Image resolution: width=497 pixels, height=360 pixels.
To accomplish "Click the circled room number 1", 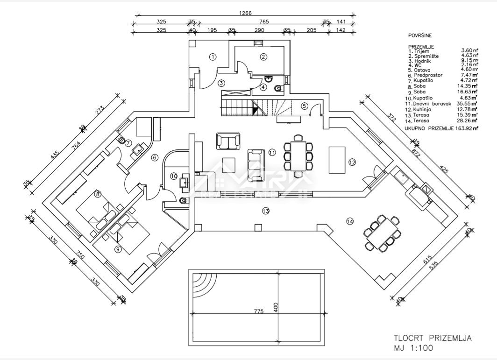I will tap(213, 57).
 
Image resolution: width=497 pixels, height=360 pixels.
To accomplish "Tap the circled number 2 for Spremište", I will tap(263, 57).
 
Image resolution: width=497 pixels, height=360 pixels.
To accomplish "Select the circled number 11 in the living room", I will tap(272, 152).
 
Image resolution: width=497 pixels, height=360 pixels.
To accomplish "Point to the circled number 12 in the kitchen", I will tap(352, 162).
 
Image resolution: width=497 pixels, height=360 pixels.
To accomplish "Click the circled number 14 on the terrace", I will tap(349, 221).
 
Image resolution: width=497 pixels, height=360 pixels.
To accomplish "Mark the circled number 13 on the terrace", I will tap(265, 211).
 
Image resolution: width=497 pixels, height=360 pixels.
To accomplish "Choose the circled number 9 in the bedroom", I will tap(118, 249).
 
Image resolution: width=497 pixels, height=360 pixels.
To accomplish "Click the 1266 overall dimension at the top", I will tap(245, 14).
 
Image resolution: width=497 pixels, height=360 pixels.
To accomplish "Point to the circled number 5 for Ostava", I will tap(304, 106).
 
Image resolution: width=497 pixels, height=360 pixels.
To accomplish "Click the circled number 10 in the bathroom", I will tap(174, 176).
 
